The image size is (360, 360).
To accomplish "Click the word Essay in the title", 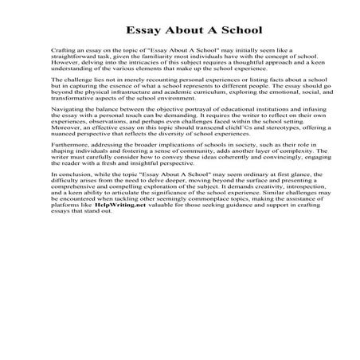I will tap(144, 31).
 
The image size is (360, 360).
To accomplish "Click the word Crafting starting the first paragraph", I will tap(61, 51).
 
